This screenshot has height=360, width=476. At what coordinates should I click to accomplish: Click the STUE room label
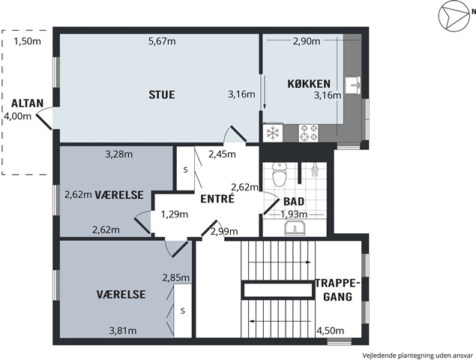coord(162,94)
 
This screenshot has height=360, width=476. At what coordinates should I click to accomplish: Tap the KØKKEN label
coord(309,84)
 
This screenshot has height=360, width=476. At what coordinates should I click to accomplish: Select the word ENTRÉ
coord(217,199)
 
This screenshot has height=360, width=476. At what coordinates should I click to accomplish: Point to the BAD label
coord(294,202)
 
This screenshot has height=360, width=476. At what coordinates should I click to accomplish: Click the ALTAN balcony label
coord(27,103)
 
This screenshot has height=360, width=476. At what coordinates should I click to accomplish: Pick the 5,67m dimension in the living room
coord(162,41)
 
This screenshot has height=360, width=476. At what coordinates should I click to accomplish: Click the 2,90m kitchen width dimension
coord(307,41)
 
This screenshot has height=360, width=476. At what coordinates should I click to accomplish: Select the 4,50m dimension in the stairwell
coord(331,330)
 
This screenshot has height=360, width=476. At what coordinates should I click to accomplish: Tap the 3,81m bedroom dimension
coord(123,330)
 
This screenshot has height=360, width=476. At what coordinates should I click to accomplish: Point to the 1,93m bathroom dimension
coord(294,214)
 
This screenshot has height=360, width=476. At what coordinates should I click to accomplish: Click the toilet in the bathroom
coord(280,174)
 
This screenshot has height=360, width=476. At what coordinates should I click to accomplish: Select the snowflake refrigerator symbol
coord(273,133)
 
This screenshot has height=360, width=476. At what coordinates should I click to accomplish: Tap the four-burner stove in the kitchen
coord(308,133)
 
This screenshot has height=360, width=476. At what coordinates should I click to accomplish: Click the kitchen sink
coord(353,85)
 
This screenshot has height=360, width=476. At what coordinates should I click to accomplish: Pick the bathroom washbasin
coord(295,228)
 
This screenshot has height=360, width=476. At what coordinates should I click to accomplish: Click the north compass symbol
coord(454,16)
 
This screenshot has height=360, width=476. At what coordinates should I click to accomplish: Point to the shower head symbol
coord(315,171)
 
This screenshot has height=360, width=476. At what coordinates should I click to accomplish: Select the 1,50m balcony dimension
coord(27,41)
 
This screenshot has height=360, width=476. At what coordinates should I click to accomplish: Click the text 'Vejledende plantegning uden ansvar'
coord(418,355)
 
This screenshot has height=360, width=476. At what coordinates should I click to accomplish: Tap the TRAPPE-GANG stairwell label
coord(337,289)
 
